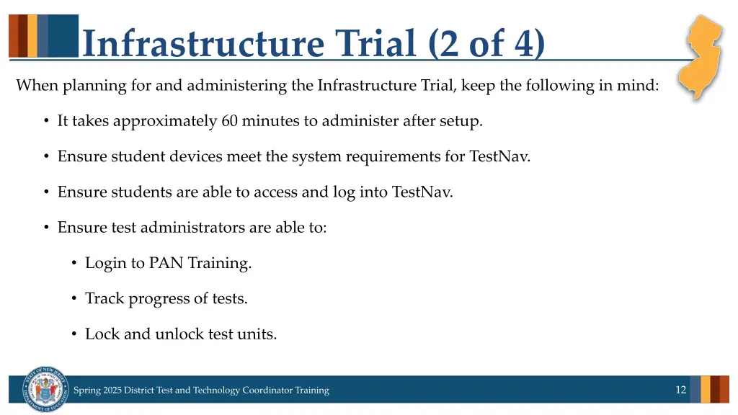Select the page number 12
[x=680, y=390]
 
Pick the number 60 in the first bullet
[x=230, y=121]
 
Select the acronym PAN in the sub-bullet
[x=166, y=263]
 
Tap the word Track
[x=105, y=298]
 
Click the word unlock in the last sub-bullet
[x=177, y=334]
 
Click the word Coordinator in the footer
[x=269, y=391]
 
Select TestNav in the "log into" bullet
[x=422, y=192]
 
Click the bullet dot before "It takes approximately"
[x=46, y=121]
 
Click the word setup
[x=461, y=122]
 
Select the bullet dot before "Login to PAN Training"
[x=74, y=263]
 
